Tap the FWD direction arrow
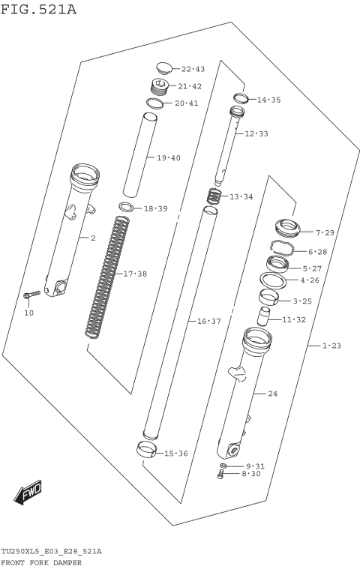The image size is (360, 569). point(28,492)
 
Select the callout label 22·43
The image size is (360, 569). point(193,69)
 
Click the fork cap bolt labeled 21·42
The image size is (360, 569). point(159,86)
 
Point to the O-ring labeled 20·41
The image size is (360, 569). point(154,103)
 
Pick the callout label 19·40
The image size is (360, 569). point(169,158)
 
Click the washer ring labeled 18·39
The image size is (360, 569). point(127,208)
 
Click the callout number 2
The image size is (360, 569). point(93,238)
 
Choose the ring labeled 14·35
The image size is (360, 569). point(240,98)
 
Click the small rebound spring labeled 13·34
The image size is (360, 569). point(214,197)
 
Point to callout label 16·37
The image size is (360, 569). point(209,321)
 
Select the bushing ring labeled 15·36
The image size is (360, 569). point(148,450)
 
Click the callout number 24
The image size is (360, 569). point(272,394)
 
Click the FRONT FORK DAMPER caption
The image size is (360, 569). point(41,562)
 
